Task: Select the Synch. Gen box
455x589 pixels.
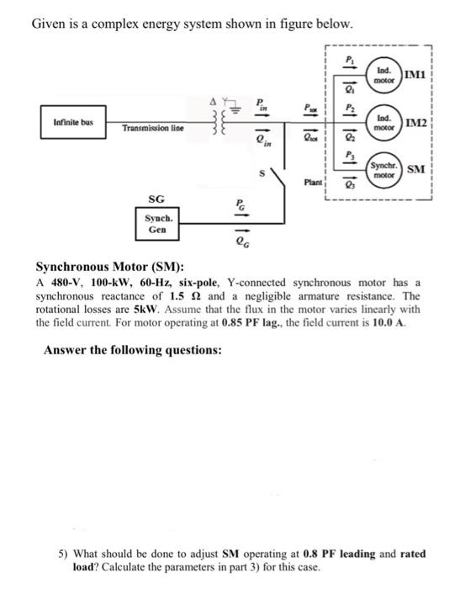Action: [x=157, y=222]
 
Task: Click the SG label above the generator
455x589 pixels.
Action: [x=156, y=199]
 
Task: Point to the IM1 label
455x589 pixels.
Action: [x=416, y=76]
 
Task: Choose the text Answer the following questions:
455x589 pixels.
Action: [x=133, y=349]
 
